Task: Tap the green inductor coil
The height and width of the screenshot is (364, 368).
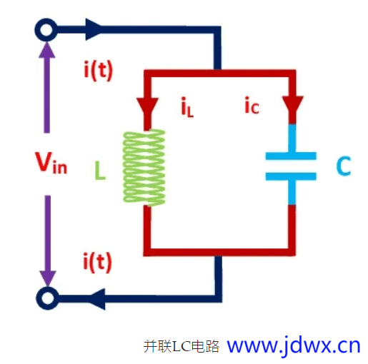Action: tap(144, 168)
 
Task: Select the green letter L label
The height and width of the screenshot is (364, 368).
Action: tap(100, 171)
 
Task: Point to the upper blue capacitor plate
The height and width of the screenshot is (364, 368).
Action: tap(291, 156)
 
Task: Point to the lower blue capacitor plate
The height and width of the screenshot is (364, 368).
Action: tap(291, 176)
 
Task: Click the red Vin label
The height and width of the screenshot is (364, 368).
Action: tap(51, 162)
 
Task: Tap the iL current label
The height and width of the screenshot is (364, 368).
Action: tap(187, 107)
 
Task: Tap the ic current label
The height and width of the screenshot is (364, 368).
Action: tap(252, 105)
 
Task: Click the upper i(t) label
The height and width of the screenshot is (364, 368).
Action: tap(98, 70)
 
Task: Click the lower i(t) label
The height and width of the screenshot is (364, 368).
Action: tap(97, 262)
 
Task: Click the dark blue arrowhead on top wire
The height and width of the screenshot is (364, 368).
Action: tap(94, 29)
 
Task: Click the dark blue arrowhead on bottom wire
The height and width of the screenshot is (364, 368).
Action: tap(97, 299)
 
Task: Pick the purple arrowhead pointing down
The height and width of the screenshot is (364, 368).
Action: tap(48, 278)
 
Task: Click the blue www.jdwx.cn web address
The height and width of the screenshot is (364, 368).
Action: tap(294, 346)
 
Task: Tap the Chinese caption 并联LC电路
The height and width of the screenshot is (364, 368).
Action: tap(181, 346)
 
